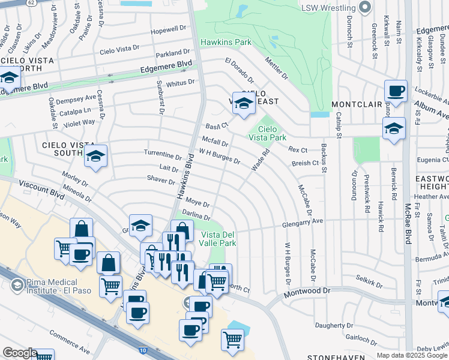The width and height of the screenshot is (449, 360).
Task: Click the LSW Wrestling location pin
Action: tap(365, 7)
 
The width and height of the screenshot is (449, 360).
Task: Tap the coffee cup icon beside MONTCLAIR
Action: tap(396, 92)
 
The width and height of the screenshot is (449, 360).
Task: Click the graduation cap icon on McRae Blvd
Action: tap(394, 128)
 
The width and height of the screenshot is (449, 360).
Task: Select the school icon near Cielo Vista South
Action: tap(95, 157)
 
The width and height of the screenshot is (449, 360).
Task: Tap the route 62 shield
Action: tap(31, 3)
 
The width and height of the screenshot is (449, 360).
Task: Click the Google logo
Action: tap(20, 353)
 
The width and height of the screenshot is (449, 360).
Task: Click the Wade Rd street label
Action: tap(260, 160)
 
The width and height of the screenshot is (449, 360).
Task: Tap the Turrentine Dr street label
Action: tap(162, 154)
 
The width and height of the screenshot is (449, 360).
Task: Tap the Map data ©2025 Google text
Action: tap(412, 355)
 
